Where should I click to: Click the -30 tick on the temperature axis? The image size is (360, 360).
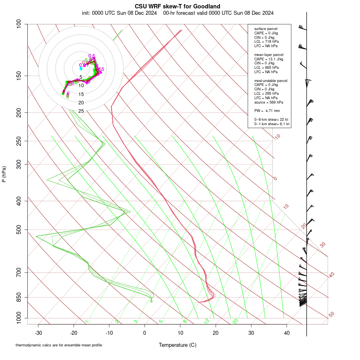click(38, 333)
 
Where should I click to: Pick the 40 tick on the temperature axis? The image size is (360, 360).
click(286, 333)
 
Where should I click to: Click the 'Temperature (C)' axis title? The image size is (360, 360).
click(177, 345)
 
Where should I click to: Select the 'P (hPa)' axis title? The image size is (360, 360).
click(4, 174)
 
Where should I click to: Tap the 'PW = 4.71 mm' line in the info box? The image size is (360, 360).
click(267, 110)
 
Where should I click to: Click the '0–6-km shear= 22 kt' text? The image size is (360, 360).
click(272, 120)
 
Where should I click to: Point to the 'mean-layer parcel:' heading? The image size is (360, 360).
click(269, 54)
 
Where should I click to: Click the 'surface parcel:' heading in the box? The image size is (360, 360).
click(266, 29)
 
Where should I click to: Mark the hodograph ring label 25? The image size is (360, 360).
click(81, 111)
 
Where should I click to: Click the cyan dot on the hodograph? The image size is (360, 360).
click(81, 68)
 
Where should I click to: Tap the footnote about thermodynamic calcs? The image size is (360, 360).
click(59, 345)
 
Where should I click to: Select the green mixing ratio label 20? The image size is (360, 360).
click(235, 321)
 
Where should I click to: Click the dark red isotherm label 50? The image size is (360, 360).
click(331, 315)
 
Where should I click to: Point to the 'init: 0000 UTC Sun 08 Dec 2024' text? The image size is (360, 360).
click(120, 13)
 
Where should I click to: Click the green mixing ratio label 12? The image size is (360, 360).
click(207, 321)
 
